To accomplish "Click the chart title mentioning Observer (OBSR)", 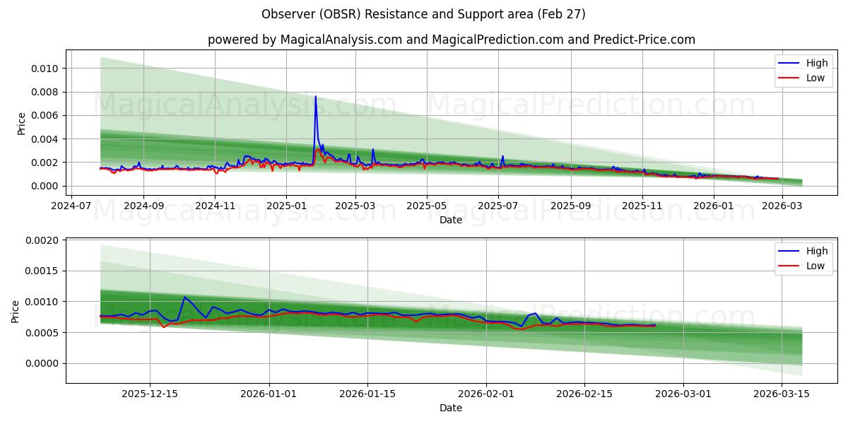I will (x=423, y=14).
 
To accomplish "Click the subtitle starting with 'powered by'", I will (x=451, y=40).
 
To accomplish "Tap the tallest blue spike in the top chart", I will (x=316, y=97).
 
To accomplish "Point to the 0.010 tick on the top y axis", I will (x=46, y=69).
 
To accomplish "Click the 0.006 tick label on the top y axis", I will (x=46, y=115).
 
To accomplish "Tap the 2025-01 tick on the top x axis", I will (x=286, y=206).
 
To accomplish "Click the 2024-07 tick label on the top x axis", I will (x=71, y=206).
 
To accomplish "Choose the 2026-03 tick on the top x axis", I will (x=781, y=206).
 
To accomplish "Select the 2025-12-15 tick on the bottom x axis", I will (x=150, y=394).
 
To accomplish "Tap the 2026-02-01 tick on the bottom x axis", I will (x=486, y=394).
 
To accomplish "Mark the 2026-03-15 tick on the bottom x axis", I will (x=781, y=394).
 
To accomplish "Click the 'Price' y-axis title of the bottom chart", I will (x=16, y=311).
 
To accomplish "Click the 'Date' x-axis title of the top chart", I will (x=451, y=220).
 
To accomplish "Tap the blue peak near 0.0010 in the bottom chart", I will (x=184, y=297).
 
